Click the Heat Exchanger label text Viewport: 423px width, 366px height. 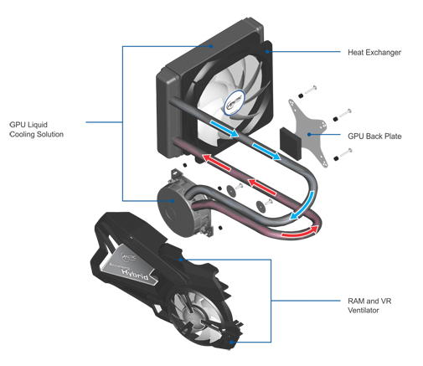(x=374, y=53)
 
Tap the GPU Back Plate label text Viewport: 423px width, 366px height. (x=374, y=137)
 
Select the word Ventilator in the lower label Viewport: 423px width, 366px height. (x=364, y=310)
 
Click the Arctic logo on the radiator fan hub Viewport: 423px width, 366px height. (x=234, y=102)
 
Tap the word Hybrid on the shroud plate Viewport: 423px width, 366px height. (x=135, y=274)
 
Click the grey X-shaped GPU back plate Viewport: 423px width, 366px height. (x=308, y=133)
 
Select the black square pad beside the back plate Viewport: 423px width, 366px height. (x=291, y=143)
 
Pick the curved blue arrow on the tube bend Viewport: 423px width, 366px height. (x=304, y=205)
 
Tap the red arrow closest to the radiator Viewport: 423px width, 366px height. (x=216, y=162)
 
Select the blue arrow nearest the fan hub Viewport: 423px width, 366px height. (x=224, y=128)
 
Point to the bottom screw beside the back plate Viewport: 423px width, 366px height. (x=343, y=154)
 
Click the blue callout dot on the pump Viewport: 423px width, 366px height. (x=173, y=201)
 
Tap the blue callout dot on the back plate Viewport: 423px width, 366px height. (x=309, y=135)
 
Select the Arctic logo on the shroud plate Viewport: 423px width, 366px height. (x=128, y=256)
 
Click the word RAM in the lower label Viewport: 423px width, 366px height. (x=356, y=301)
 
